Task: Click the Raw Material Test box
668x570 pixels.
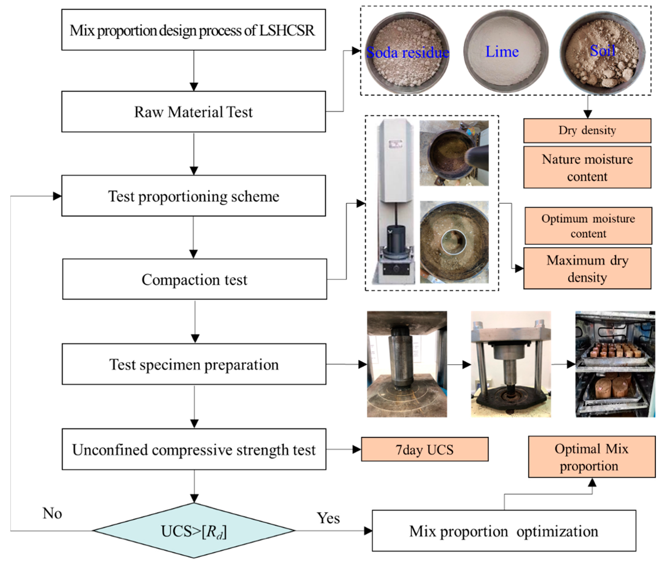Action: point(193,112)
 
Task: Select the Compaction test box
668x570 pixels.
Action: point(194,279)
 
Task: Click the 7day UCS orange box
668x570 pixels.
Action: point(425,449)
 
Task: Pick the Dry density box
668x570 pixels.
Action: point(587,131)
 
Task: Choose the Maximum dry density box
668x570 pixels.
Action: point(587,268)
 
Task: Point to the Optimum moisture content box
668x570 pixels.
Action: point(588,226)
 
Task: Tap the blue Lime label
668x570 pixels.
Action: point(502,52)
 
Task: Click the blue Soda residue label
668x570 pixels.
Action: point(408,52)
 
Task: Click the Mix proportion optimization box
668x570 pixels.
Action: point(504,531)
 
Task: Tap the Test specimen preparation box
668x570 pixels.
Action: point(194,364)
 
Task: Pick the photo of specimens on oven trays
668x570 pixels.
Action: point(615,364)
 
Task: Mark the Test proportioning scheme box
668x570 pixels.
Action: point(193,196)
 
